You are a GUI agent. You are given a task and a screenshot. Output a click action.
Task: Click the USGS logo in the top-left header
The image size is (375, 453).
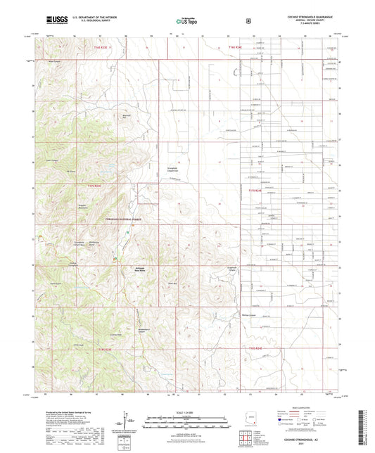tap(55, 21)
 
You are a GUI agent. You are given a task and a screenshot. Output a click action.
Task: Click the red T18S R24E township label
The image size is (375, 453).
tap(259, 347)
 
